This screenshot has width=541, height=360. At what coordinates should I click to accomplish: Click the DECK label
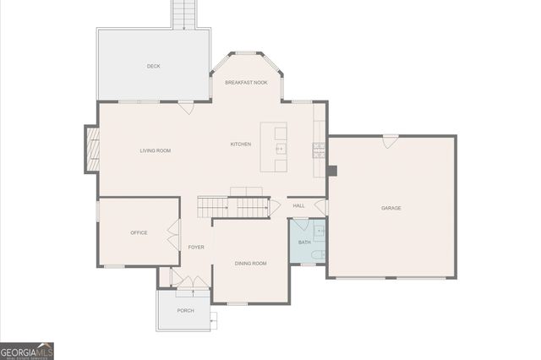153,66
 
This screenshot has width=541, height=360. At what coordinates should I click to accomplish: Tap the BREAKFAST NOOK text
246,83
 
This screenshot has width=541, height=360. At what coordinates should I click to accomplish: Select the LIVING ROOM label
156,150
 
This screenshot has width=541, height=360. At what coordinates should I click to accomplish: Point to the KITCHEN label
241,145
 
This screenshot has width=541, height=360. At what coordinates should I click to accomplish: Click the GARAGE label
391,208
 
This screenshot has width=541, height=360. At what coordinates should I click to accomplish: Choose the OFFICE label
139,232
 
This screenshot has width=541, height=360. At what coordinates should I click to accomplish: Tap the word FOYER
196,247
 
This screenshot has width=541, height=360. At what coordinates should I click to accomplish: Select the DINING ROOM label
250,264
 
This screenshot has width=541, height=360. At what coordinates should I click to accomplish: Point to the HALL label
298,205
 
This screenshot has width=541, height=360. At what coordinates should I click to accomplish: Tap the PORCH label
185,310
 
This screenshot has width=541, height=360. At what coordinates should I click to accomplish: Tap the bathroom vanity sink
320,230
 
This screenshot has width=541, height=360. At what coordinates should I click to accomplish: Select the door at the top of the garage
389,142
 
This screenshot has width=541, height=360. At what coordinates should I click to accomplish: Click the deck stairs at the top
183,14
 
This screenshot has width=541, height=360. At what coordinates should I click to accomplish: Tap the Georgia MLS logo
27,351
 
